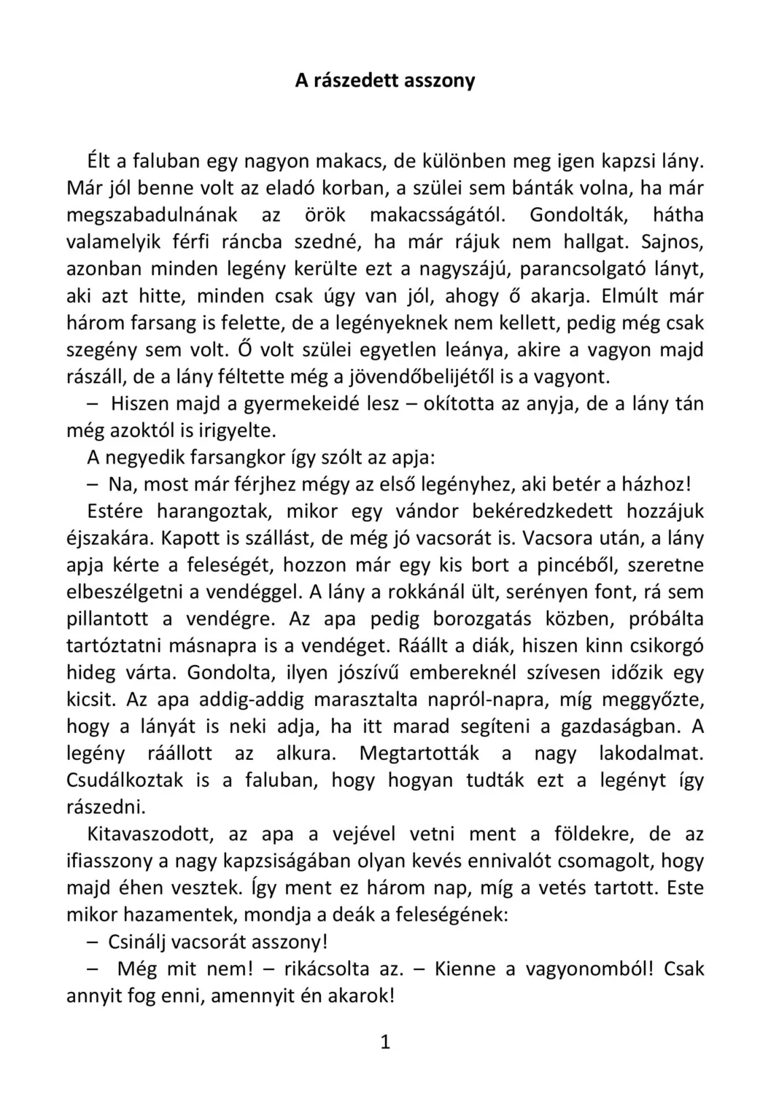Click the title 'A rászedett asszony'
point(384,80)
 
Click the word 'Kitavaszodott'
point(150,834)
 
